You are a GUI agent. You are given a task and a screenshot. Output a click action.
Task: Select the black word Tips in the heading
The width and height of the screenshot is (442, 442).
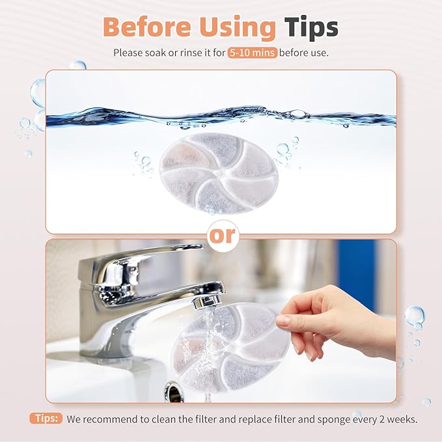pos(311,27)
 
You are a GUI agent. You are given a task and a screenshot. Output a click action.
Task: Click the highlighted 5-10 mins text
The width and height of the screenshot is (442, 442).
pos(252,52)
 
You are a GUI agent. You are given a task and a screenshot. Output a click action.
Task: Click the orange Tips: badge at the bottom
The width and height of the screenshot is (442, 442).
pos(46,418)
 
